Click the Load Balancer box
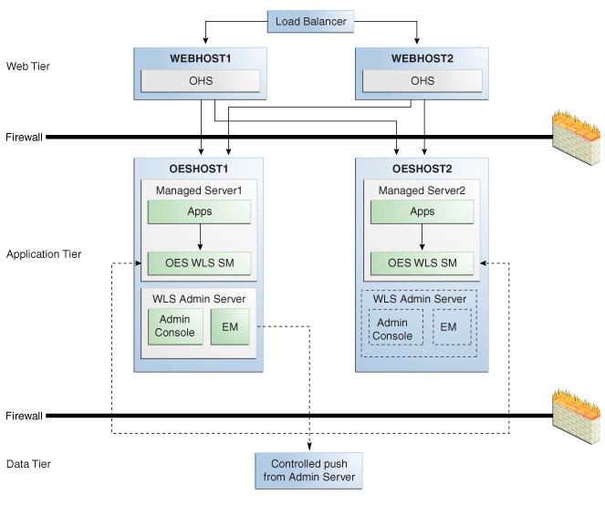click(x=310, y=22)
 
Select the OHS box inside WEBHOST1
click(x=200, y=81)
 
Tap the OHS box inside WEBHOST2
click(x=422, y=81)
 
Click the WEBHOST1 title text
click(x=200, y=58)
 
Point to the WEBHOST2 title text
click(x=422, y=58)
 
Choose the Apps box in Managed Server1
click(x=200, y=211)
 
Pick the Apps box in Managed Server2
click(x=422, y=211)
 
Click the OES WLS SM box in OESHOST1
click(x=200, y=263)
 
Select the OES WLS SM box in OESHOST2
click(x=422, y=263)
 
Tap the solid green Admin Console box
click(x=175, y=326)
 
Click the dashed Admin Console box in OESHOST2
click(x=395, y=327)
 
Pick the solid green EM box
click(x=230, y=326)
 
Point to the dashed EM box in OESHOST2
click(x=452, y=327)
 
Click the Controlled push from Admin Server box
click(x=308, y=470)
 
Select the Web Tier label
click(x=28, y=67)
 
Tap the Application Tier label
click(x=44, y=254)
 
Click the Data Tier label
click(x=28, y=464)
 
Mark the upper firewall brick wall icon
click(x=576, y=138)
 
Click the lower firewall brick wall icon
click(x=576, y=417)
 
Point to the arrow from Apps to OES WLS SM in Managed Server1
click(x=200, y=237)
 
